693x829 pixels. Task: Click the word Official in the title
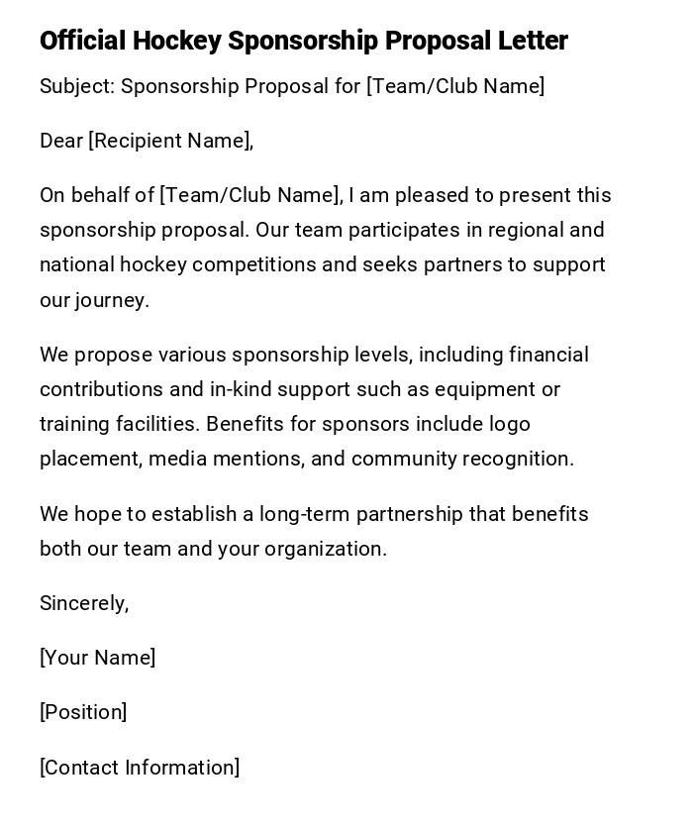pos(82,41)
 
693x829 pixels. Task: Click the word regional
pos(523,230)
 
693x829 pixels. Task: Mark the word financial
pos(548,355)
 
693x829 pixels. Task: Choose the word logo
pos(509,424)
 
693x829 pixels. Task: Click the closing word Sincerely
pos(84,603)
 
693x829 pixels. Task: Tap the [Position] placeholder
pos(83,712)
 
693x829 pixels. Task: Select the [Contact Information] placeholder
pos(140,768)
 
